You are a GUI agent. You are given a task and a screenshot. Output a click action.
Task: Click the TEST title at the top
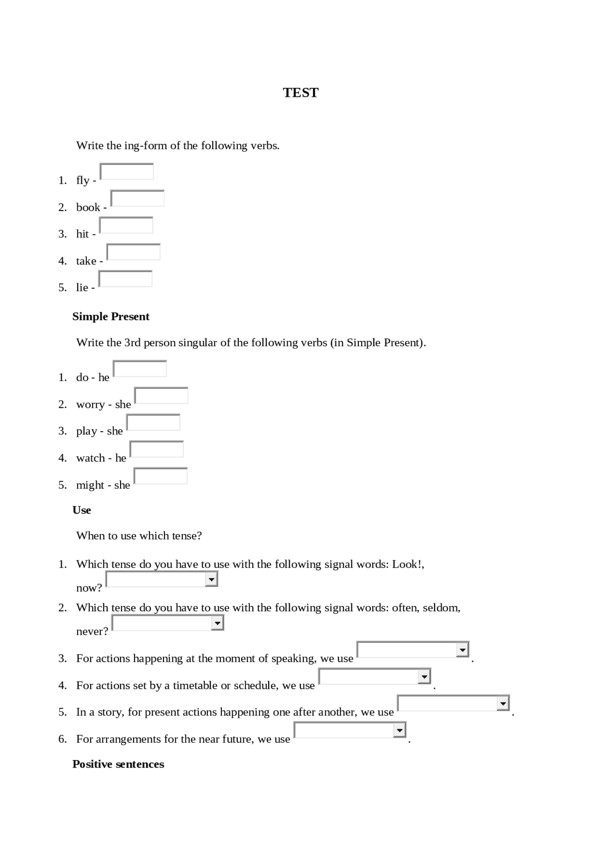coord(300,93)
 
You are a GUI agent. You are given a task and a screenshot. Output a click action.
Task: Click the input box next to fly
coord(127,172)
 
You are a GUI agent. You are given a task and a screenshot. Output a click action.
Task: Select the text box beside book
coord(137,198)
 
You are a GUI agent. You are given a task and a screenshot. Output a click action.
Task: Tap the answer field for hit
coord(126,225)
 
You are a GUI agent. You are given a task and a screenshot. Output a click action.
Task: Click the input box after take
coord(134,252)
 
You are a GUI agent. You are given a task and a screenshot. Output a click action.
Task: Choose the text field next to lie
coord(125,279)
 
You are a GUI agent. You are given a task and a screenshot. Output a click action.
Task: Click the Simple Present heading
coord(111,317)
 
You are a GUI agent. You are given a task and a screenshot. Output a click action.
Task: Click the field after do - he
coord(140,369)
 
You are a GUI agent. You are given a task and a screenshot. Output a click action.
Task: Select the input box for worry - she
coord(161,396)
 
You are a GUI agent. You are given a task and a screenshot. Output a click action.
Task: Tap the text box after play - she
coord(153,422)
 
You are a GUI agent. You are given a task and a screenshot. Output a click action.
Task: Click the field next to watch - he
coord(157,449)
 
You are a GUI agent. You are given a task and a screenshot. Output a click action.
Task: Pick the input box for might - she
coord(161,476)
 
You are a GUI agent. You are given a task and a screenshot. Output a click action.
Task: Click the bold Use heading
coord(82,510)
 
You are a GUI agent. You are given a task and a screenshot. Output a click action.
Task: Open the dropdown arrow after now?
coord(212,580)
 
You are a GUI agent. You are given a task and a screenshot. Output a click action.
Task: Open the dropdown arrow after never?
coord(218,623)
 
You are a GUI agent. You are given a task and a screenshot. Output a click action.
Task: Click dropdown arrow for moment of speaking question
coord(463,650)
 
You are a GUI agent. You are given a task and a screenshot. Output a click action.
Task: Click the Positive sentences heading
coord(118,764)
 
